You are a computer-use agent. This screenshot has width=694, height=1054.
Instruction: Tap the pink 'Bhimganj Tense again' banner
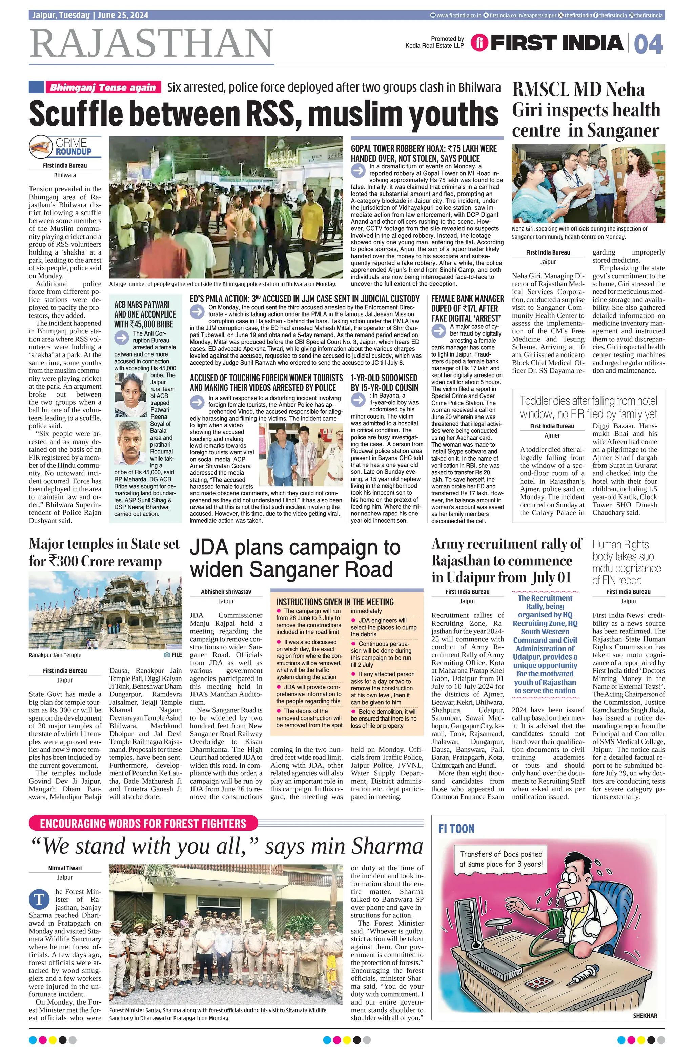pyautogui.click(x=103, y=87)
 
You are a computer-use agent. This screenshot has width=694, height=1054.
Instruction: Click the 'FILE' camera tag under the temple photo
pyautogui.click(x=173, y=655)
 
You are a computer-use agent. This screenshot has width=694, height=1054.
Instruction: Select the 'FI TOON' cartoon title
pyautogui.click(x=456, y=829)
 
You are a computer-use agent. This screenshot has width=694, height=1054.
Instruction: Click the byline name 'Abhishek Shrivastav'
pyautogui.click(x=226, y=592)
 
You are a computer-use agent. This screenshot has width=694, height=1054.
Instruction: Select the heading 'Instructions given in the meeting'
pyautogui.click(x=335, y=602)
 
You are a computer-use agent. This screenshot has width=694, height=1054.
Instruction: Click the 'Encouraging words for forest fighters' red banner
pyautogui.click(x=143, y=823)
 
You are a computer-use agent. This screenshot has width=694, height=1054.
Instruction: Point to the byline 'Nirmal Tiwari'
pyautogui.click(x=65, y=868)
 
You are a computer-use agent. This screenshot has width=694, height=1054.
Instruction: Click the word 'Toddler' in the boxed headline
pyautogui.click(x=537, y=401)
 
